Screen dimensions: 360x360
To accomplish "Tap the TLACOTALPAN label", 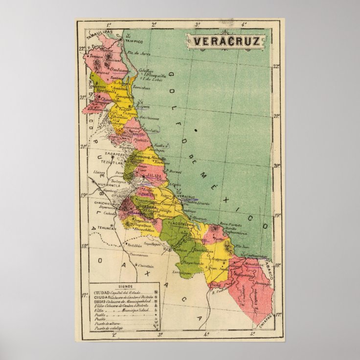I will click(181, 224).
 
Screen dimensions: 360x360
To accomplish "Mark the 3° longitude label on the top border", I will click(198, 23).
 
